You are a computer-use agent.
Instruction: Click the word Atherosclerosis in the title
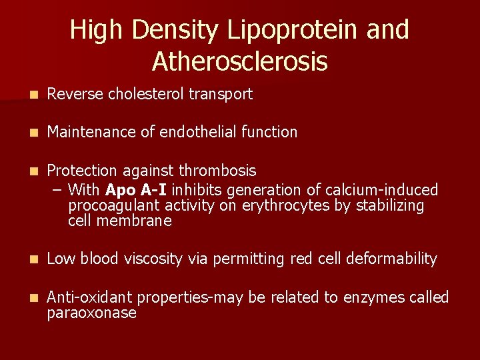click(x=239, y=61)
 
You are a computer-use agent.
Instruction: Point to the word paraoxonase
click(x=92, y=313)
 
